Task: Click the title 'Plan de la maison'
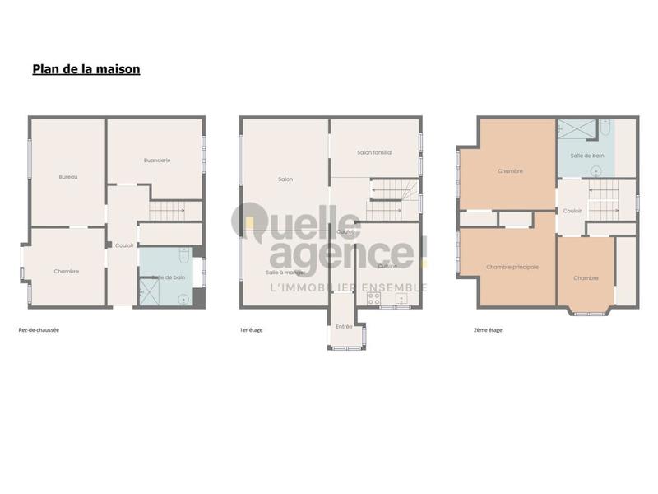click(x=86, y=69)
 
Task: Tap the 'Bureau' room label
click(x=68, y=177)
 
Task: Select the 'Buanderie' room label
click(x=156, y=161)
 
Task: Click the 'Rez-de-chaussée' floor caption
click(x=39, y=330)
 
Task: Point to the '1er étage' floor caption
click(x=251, y=330)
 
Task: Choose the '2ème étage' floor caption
click(x=488, y=330)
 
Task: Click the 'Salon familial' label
click(x=374, y=153)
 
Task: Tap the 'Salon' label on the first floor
click(x=285, y=179)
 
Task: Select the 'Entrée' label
click(x=344, y=327)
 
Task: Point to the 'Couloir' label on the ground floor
click(x=124, y=245)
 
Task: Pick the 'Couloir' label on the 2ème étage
click(x=572, y=211)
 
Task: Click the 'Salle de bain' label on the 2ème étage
click(x=587, y=155)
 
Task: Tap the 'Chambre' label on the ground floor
click(x=67, y=271)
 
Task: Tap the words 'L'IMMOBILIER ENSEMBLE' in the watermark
click(x=349, y=287)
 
